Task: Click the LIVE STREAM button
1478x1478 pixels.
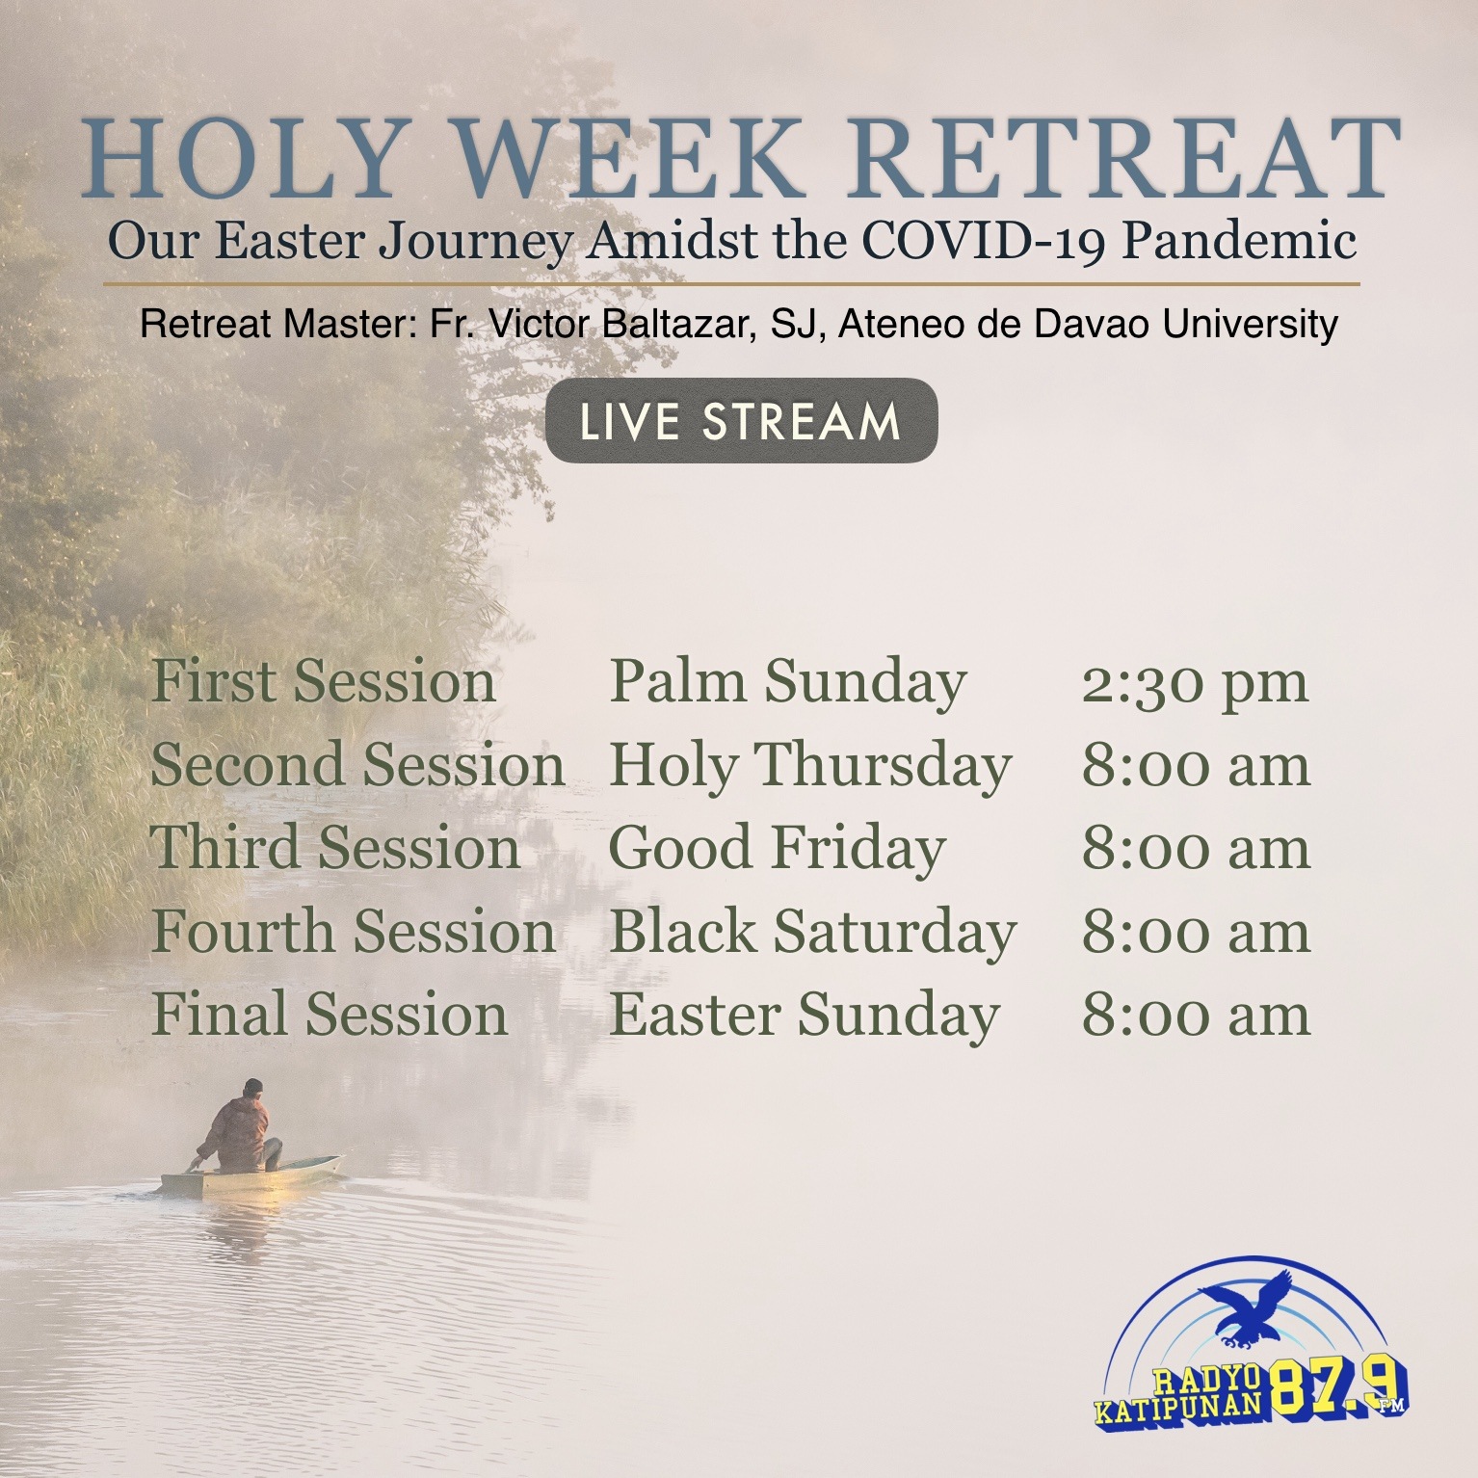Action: pyautogui.click(x=741, y=421)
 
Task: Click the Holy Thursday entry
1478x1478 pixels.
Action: pyautogui.click(x=810, y=767)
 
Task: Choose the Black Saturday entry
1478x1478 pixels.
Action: pyautogui.click(x=812, y=934)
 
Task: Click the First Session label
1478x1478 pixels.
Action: pyautogui.click(x=323, y=681)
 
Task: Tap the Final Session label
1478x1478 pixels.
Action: pyautogui.click(x=330, y=1015)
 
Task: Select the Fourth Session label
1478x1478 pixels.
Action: pyautogui.click(x=354, y=932)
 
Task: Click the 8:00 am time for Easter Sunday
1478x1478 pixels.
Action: pyautogui.click(x=1196, y=1016)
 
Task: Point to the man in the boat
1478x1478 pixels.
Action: pyautogui.click(x=238, y=1127)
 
